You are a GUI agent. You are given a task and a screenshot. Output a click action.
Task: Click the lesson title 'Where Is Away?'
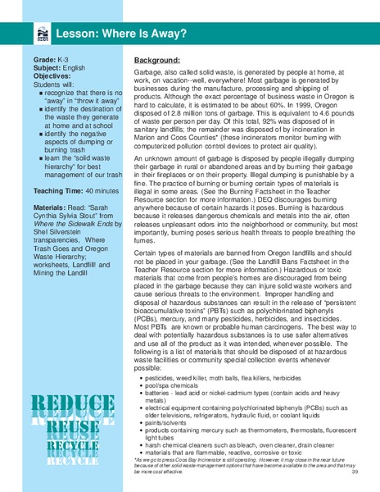[x=106, y=34]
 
